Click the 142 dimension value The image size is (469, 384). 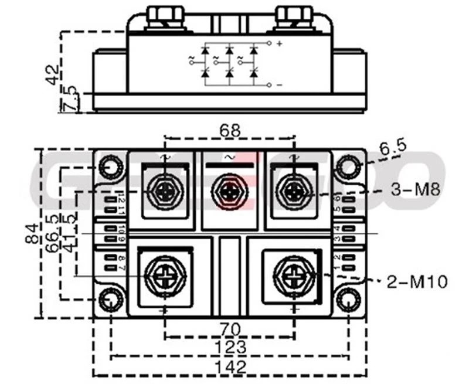[x=230, y=368]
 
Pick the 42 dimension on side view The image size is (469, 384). [x=53, y=73]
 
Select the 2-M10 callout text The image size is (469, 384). [x=417, y=282]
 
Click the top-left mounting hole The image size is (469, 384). [x=110, y=168]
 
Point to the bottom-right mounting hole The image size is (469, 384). [x=348, y=300]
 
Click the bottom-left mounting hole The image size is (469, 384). [x=110, y=300]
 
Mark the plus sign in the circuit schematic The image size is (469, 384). [x=279, y=43]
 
